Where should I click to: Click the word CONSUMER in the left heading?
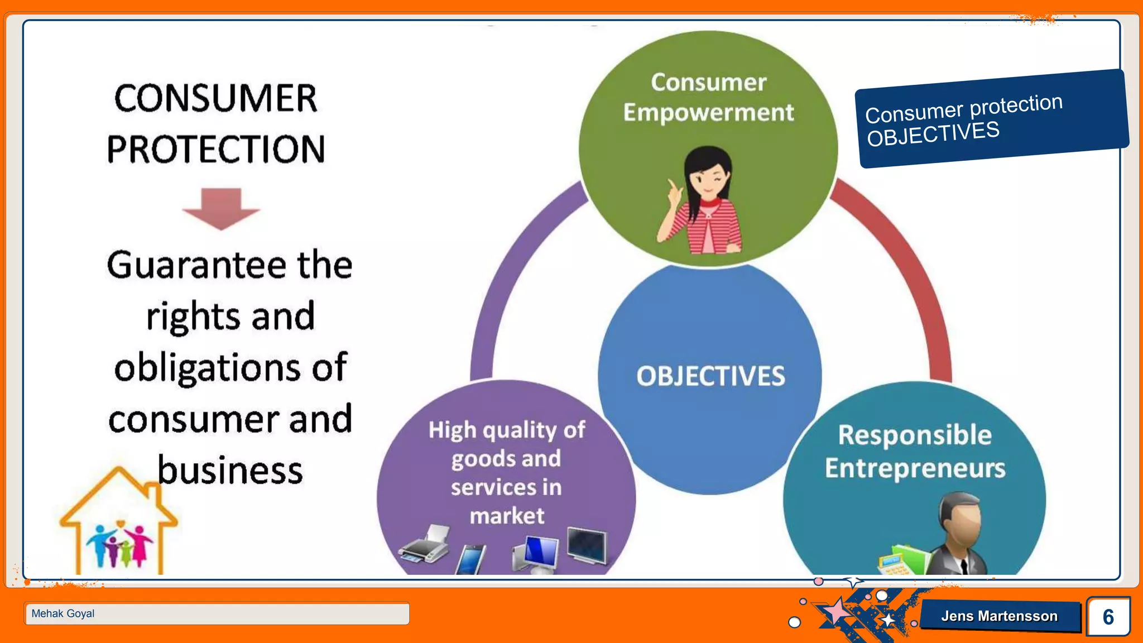[x=215, y=99]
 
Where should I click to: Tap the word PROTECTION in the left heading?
[x=215, y=150]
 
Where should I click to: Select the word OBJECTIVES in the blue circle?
[x=710, y=376]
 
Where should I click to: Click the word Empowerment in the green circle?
[x=708, y=113]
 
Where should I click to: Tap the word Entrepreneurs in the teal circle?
[x=915, y=468]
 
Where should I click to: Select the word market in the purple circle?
[x=507, y=516]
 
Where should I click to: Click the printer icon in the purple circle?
[x=425, y=545]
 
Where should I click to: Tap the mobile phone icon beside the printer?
[x=470, y=559]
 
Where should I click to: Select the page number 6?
[x=1108, y=617]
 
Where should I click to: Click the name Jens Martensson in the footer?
[x=999, y=616]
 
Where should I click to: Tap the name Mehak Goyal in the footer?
[x=63, y=613]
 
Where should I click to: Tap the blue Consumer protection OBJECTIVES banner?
[x=991, y=118]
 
